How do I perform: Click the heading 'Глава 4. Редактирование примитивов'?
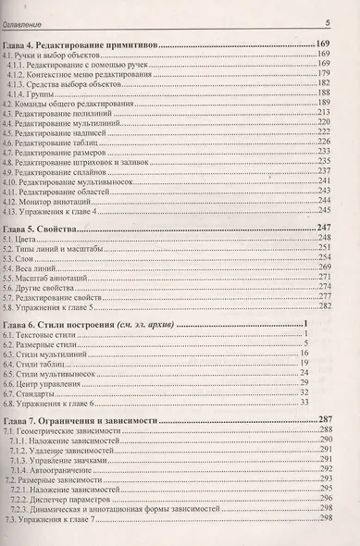pos(81,44)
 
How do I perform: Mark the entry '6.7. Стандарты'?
pos(33,394)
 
